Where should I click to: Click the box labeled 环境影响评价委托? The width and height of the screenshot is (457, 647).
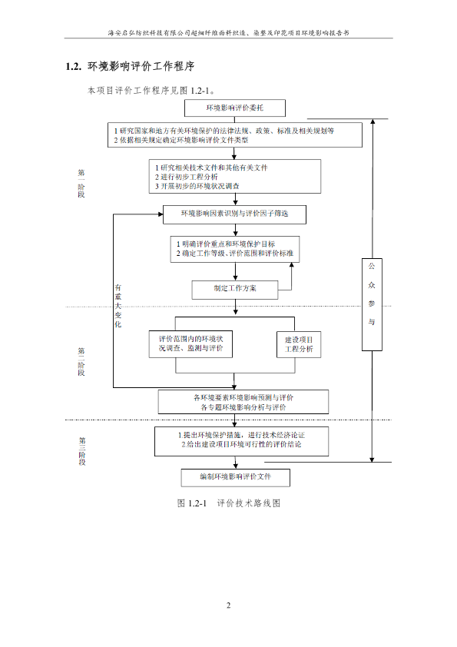[235, 108]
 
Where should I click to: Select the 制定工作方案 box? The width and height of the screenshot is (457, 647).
[235, 290]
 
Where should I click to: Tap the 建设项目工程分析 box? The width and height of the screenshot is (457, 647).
[299, 344]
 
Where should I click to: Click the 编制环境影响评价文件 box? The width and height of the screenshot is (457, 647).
[236, 477]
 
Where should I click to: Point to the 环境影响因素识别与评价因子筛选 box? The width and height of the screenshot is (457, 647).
[234, 214]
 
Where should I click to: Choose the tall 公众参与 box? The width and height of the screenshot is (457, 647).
[372, 304]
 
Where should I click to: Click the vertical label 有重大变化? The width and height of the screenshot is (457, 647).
[118, 306]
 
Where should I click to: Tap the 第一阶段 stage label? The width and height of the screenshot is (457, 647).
[81, 183]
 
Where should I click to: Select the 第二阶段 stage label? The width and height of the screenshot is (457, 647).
[81, 361]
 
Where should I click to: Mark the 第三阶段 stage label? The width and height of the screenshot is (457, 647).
[82, 451]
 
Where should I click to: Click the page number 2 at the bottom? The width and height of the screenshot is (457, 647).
[229, 606]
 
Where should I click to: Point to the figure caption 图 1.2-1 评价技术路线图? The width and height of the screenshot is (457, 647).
[229, 503]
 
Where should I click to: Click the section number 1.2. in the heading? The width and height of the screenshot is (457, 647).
[74, 66]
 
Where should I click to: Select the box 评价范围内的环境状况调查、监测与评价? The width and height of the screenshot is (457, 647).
[190, 343]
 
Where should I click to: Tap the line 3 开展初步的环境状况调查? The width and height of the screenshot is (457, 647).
[197, 186]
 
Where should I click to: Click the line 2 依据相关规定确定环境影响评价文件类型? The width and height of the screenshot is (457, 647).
[181, 140]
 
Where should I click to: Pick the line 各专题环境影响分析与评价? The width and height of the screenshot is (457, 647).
[243, 407]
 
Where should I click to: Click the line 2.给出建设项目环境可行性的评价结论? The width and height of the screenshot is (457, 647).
[241, 444]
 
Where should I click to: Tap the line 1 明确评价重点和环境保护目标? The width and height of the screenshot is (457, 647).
[226, 244]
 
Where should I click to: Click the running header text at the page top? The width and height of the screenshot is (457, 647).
[229, 33]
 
